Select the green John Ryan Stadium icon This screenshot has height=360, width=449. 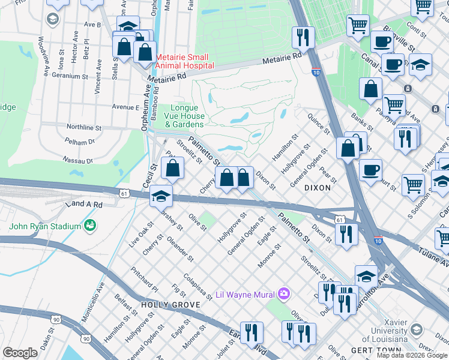pyautogui.click(x=91, y=226)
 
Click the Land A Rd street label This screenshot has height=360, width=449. pyautogui.click(x=88, y=204)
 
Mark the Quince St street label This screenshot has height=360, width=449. pyautogui.click(x=318, y=123)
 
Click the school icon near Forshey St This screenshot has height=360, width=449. pyautogui.click(x=161, y=196)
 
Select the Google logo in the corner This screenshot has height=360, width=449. pyautogui.click(x=20, y=353)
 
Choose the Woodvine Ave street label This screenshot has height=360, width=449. pyautogui.click(x=44, y=56)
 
